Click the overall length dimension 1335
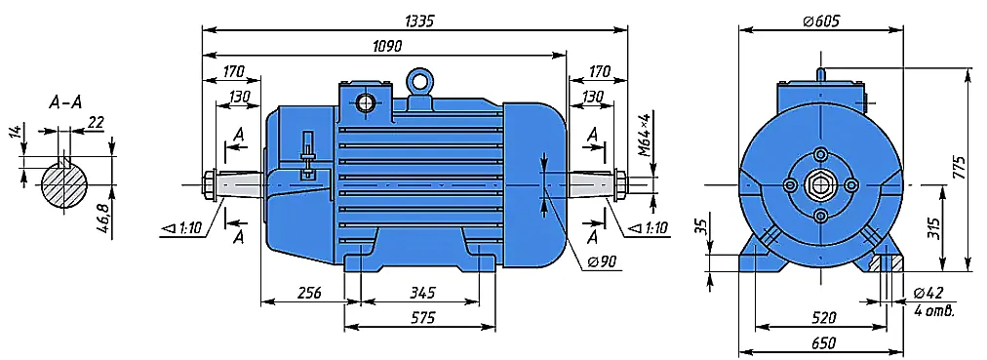point(418,20)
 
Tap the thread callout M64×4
point(644,135)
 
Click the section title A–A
point(65,102)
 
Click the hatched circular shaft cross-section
point(64,185)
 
